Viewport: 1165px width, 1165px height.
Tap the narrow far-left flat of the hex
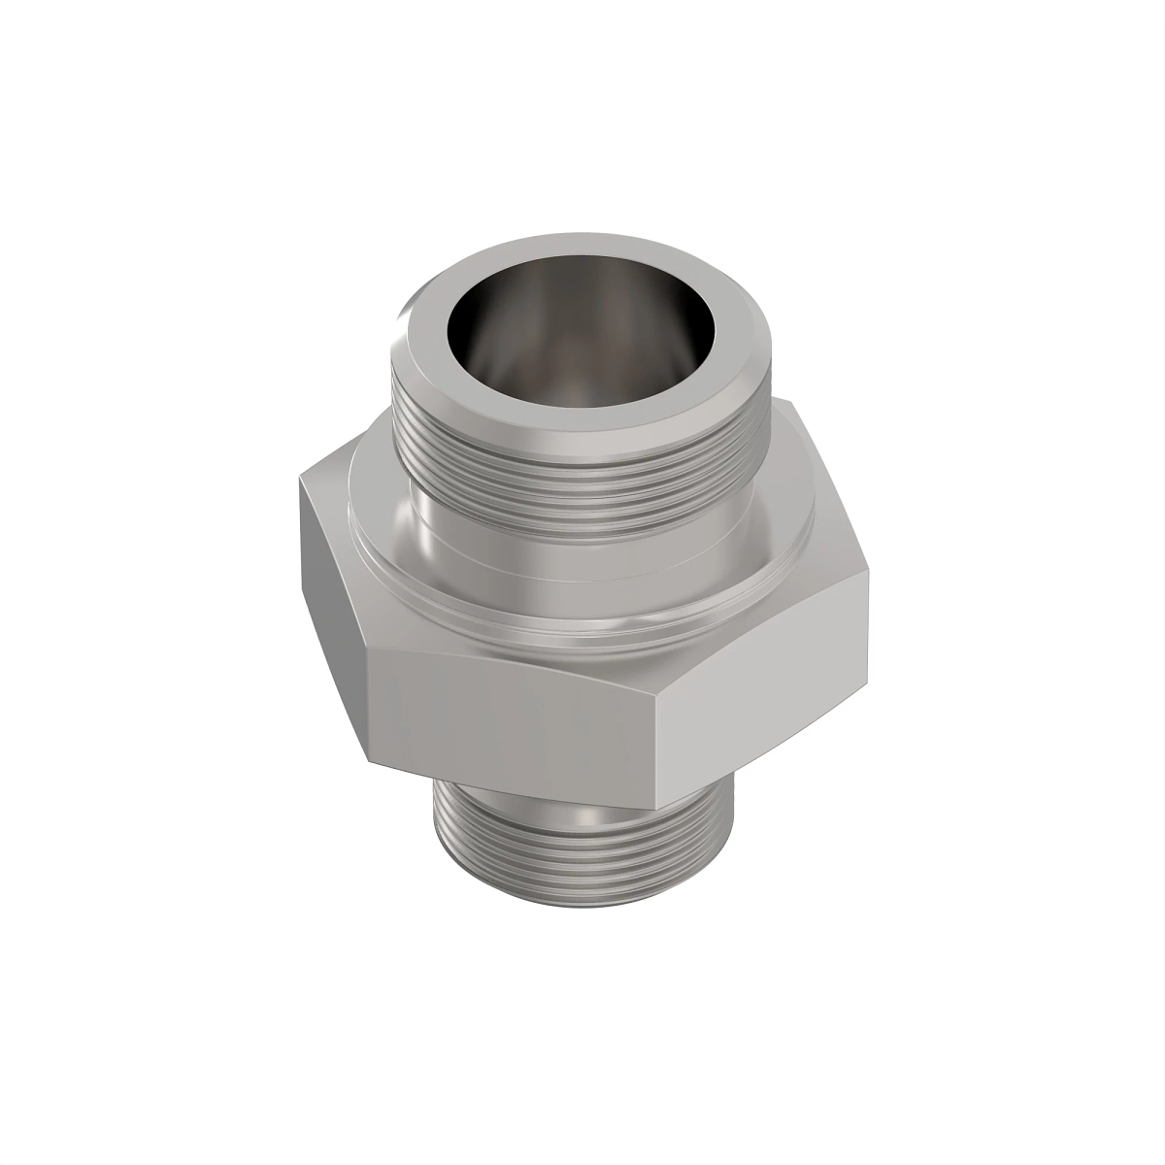pos(330,592)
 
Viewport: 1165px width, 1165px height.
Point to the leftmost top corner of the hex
pos(299,476)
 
